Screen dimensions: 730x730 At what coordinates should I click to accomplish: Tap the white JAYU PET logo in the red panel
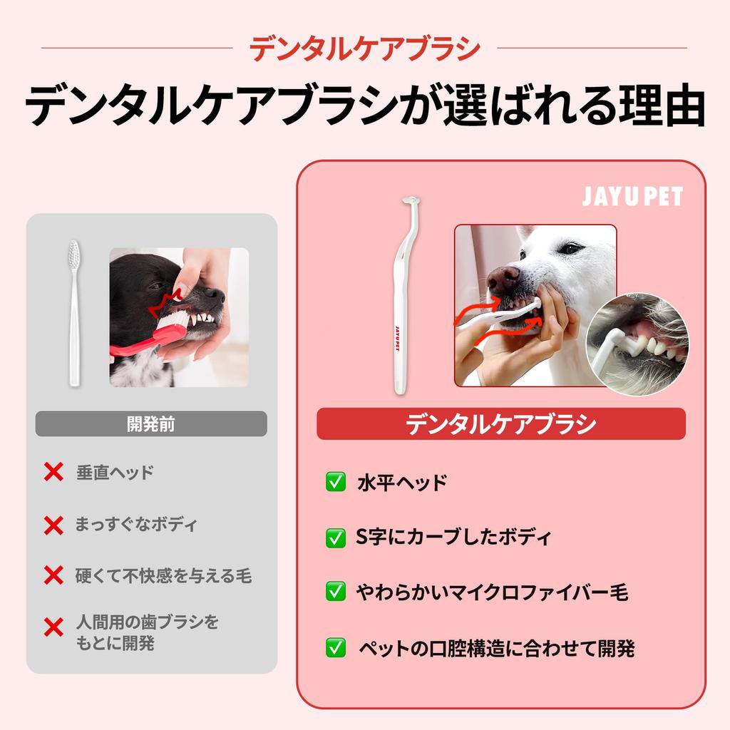click(x=632, y=197)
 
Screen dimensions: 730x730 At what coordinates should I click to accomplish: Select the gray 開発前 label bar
click(x=151, y=424)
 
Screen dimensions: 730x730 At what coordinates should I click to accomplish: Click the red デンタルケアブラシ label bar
click(x=500, y=424)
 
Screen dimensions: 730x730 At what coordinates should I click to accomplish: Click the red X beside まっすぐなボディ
click(x=53, y=525)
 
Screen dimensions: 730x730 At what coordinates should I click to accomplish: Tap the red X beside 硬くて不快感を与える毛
click(x=53, y=575)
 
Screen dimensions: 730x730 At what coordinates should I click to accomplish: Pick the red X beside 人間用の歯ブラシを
click(x=53, y=627)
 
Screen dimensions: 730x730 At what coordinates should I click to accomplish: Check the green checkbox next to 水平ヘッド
click(x=335, y=483)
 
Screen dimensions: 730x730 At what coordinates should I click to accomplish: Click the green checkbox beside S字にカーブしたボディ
click(x=335, y=538)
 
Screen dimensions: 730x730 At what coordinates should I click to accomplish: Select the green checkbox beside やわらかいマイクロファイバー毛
click(x=335, y=592)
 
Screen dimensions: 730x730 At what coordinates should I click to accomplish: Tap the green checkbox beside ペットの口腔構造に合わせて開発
click(x=335, y=648)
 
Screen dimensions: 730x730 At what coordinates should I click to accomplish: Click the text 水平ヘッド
click(x=401, y=483)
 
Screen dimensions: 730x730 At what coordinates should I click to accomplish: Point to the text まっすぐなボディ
click(x=136, y=525)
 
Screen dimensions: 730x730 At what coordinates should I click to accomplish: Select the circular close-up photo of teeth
click(x=637, y=344)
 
